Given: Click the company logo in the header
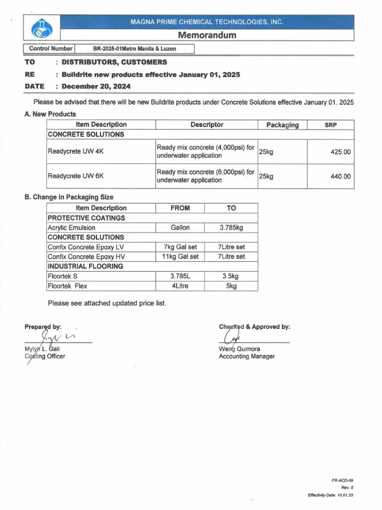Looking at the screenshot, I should (41, 27).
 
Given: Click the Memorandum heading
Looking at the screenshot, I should (207, 35).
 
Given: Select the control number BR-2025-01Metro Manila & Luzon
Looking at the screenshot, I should (134, 49).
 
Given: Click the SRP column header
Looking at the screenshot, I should (331, 125).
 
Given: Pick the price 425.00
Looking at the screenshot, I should (340, 152).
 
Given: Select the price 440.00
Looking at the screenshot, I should (340, 176).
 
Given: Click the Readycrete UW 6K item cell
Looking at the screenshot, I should (75, 176).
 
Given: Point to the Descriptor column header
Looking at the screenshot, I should (206, 125).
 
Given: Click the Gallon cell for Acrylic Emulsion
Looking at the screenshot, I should (180, 228).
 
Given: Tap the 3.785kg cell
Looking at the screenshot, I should (231, 228).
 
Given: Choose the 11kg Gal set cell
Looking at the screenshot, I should (180, 256).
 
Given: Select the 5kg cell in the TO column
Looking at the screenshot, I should (231, 286).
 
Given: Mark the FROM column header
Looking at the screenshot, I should (180, 208).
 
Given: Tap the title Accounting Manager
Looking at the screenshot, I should (246, 356).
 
